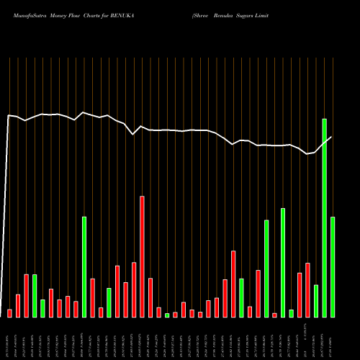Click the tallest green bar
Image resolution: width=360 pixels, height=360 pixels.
(325, 217)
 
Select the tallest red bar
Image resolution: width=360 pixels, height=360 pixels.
(143, 256)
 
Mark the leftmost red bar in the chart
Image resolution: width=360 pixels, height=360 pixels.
(10, 313)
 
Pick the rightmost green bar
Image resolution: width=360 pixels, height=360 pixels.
(333, 266)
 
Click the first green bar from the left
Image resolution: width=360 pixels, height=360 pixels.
(35, 295)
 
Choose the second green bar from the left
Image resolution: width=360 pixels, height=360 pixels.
(43, 308)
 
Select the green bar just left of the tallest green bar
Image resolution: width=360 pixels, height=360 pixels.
(316, 301)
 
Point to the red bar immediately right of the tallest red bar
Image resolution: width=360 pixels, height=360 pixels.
(150, 297)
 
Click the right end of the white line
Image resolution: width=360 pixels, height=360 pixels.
(331, 137)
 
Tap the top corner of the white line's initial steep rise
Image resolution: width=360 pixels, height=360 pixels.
(9, 115)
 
